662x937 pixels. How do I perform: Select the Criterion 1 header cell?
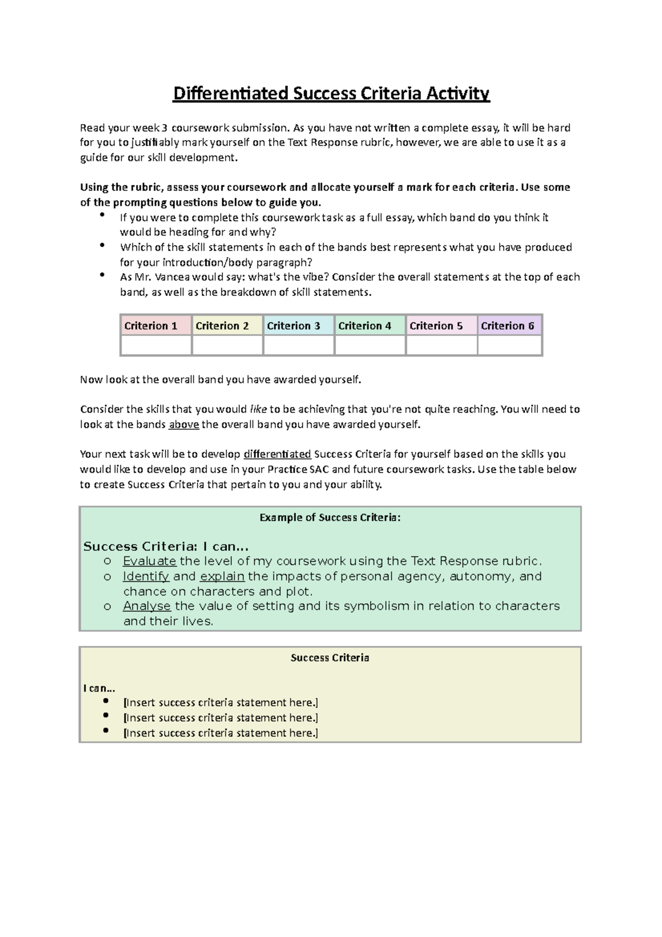point(156,326)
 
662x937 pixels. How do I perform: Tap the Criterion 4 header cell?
point(370,326)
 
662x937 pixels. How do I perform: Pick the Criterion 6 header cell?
point(510,326)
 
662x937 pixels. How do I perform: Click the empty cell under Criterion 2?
point(227,345)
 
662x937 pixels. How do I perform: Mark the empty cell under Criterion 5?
point(441,345)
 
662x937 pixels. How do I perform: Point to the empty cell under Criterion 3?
point(298,345)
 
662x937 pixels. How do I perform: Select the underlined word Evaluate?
point(150,561)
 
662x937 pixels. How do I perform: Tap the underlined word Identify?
point(146,576)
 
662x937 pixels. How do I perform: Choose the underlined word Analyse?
point(147,606)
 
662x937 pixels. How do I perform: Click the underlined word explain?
point(222,576)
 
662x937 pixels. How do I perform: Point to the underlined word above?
point(184,424)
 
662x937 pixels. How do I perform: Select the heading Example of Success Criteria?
point(330,518)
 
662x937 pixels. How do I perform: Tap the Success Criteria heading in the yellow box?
point(330,658)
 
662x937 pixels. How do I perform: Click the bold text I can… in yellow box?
point(99,688)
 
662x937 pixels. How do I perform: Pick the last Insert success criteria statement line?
point(221,733)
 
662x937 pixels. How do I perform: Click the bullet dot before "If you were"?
point(102,215)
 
